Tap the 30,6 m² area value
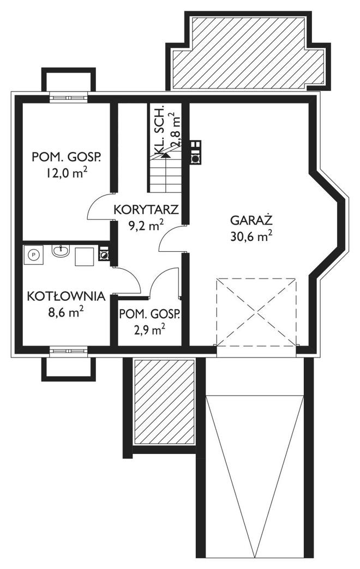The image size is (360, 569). (251, 236)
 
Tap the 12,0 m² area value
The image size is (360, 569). (67, 173)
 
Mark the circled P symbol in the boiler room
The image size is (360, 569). (34, 253)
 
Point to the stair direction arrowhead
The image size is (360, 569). (165, 155)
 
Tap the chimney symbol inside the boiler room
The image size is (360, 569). (104, 253)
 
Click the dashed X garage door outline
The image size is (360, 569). (256, 312)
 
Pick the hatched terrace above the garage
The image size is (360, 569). (249, 51)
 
